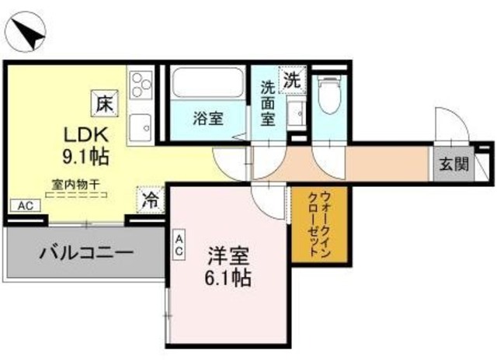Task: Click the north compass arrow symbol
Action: click(x=26, y=33)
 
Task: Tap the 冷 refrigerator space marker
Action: click(x=149, y=199)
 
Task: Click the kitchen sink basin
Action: click(x=141, y=124)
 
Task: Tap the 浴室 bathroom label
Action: click(x=208, y=119)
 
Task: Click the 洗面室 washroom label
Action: click(x=266, y=101)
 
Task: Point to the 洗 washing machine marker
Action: click(x=290, y=78)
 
